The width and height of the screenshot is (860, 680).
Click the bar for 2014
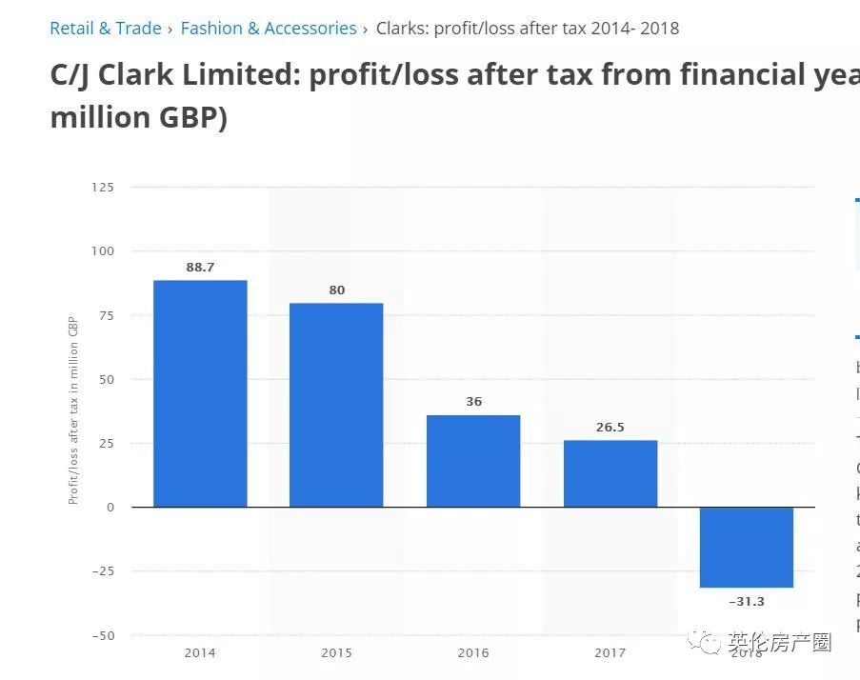(200, 393)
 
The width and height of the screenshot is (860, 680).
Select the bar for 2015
(336, 405)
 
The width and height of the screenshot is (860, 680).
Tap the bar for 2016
(473, 461)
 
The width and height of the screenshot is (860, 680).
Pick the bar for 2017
(610, 473)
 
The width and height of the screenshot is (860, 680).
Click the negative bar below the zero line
(747, 547)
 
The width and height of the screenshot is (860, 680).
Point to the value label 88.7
(200, 268)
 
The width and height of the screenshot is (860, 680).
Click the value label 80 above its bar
(337, 290)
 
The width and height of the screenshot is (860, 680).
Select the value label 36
(473, 402)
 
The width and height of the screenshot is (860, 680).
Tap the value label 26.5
(610, 428)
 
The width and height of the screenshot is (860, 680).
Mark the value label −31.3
(747, 602)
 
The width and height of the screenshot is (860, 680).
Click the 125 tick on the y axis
(102, 188)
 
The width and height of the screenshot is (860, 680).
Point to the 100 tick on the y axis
(102, 251)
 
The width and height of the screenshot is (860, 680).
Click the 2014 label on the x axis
(200, 653)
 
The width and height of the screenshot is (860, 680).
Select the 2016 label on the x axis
(473, 653)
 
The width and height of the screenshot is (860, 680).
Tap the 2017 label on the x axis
(610, 653)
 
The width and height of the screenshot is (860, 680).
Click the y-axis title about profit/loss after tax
(73, 410)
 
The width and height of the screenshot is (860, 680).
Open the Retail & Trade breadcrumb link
(106, 29)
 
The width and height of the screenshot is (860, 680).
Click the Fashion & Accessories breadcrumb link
(269, 29)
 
